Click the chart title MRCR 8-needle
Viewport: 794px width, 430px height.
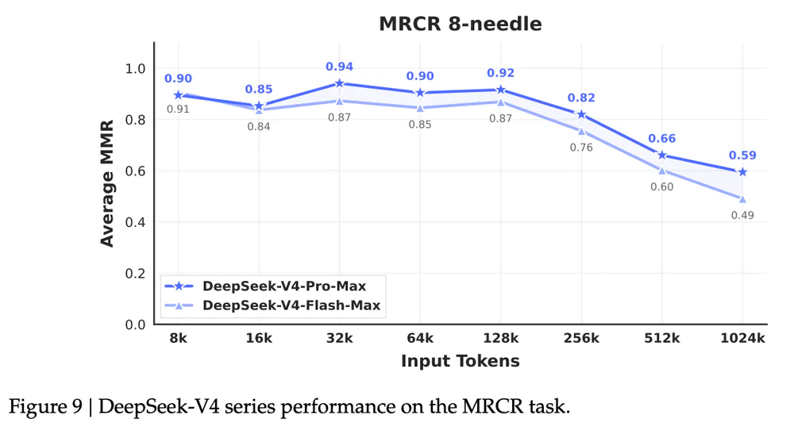tap(460, 24)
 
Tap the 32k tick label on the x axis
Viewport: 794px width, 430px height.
tap(340, 338)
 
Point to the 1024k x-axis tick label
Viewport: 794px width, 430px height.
tap(742, 338)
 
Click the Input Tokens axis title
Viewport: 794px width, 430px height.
tap(460, 361)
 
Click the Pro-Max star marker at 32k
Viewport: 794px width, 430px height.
tap(340, 83)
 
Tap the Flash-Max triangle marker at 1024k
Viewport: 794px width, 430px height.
tap(742, 199)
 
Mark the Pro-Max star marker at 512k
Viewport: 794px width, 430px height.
tap(661, 155)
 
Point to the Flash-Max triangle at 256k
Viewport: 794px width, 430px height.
tap(581, 131)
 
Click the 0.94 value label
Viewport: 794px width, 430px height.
tap(340, 67)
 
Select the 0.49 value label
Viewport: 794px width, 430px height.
tap(742, 215)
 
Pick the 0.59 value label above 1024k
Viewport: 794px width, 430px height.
tap(742, 155)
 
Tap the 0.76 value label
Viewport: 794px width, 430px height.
tap(581, 148)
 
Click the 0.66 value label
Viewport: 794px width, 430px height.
tap(661, 139)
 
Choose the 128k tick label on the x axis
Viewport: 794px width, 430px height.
tap(500, 338)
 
